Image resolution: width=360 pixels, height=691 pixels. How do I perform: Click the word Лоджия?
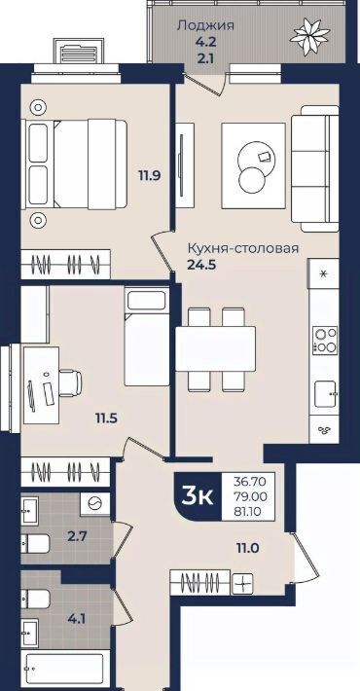(205, 25)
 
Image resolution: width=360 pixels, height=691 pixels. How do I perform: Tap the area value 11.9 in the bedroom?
(150, 176)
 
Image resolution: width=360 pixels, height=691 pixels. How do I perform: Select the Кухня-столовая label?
(243, 248)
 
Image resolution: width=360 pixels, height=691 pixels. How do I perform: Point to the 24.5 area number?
(201, 266)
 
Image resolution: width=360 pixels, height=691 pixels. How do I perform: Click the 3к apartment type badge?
(198, 496)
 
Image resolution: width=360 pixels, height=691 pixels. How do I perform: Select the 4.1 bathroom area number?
(77, 618)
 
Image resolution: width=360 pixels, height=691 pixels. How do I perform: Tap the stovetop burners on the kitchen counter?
(325, 341)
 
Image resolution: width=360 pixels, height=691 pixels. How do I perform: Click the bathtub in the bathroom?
(65, 668)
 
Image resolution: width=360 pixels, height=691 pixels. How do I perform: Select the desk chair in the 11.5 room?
(70, 382)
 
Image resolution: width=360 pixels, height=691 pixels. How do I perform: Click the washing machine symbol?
(94, 503)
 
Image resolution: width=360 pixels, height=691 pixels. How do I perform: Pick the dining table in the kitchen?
(215, 348)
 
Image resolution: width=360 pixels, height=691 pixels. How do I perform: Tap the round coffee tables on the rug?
(254, 165)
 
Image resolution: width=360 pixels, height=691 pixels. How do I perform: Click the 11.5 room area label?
(107, 417)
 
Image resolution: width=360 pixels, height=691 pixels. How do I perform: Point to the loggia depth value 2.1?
(205, 57)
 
